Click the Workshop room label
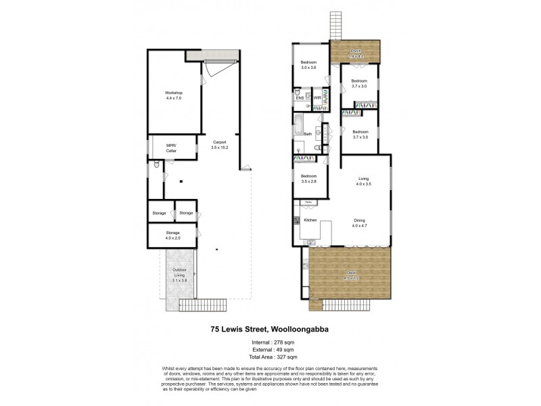tap(174, 95)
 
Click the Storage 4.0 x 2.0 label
tap(173, 236)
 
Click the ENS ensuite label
tap(300, 99)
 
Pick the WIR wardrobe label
tap(316, 99)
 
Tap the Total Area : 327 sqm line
tap(270, 357)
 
